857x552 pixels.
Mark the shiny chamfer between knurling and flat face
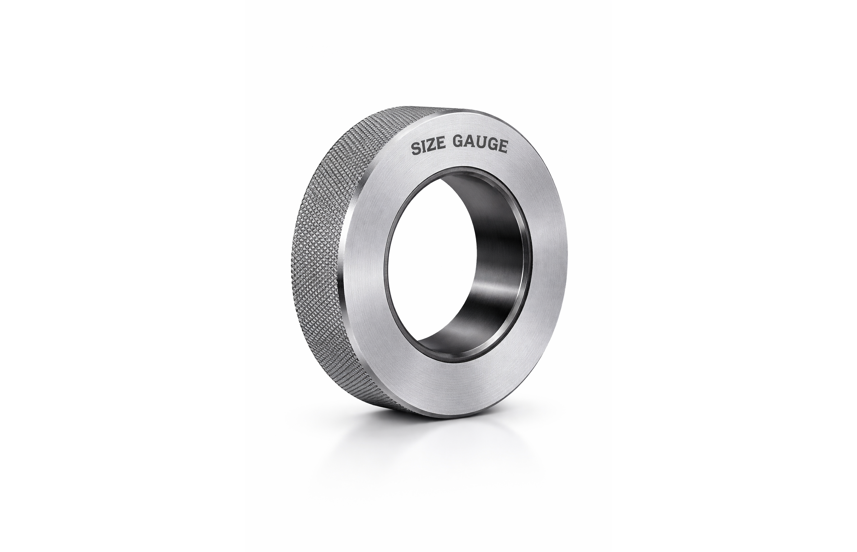(343, 287)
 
